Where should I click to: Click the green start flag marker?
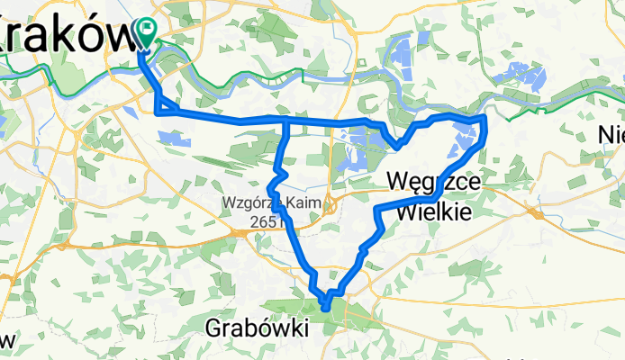pos(144,32)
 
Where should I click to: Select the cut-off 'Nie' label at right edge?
pos(612,135)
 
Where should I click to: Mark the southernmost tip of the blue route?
pos(324,309)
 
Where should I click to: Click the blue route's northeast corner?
pos(485,117)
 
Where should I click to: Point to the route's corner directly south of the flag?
pos(159,112)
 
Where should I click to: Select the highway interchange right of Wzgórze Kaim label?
pos(331,202)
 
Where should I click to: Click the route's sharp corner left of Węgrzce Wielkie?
pos(375,209)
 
